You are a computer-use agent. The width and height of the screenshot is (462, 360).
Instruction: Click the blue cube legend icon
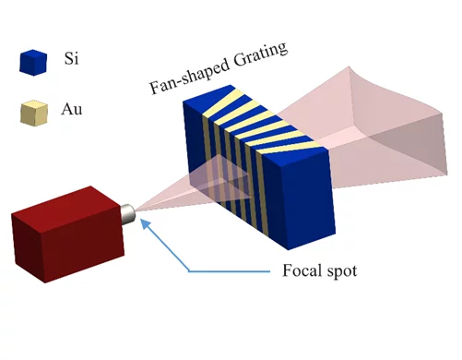click(32, 62)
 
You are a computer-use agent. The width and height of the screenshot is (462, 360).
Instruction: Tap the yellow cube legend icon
click(32, 114)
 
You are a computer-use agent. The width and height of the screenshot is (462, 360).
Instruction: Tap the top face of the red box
click(65, 201)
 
